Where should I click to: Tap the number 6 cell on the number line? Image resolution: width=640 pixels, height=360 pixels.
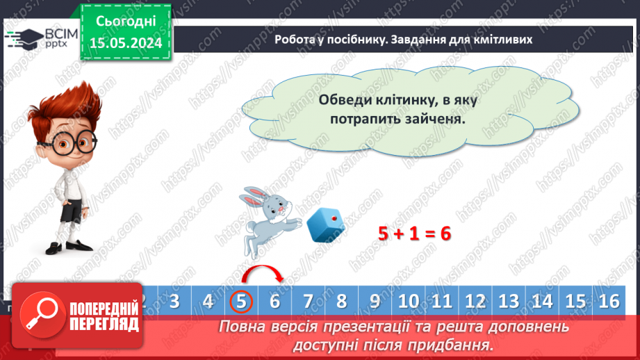[x=274, y=301]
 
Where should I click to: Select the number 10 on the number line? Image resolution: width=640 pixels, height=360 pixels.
[x=409, y=301]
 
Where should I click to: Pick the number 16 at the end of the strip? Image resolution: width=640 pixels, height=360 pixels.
[x=609, y=301]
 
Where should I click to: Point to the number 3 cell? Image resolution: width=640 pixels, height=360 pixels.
[x=174, y=301]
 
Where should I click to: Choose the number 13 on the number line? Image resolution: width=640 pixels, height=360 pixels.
[x=509, y=301]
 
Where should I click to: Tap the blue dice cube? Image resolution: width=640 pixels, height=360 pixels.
[x=326, y=225]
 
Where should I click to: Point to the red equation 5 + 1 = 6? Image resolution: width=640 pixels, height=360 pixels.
[x=415, y=234]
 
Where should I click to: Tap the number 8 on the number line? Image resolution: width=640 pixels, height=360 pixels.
[x=341, y=301]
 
